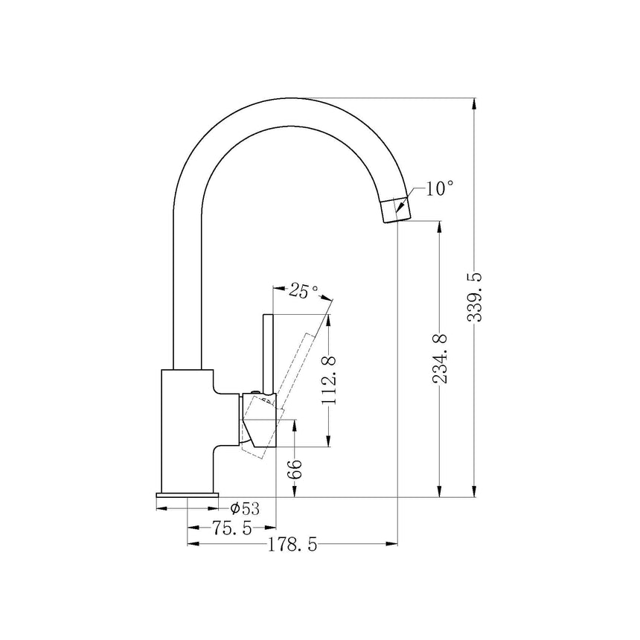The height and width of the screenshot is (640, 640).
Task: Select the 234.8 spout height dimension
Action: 441,359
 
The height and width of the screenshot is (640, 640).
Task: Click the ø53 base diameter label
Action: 245,508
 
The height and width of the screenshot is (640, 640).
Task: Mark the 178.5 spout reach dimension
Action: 292,545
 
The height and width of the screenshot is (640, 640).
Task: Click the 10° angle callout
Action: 439,188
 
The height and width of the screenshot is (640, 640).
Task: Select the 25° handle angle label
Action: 304,289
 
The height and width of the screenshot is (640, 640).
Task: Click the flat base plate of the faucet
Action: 187,495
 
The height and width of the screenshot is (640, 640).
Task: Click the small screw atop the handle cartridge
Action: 257,392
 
